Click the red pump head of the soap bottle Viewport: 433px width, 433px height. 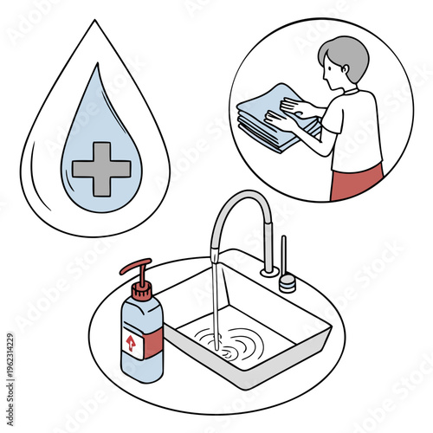[139, 268]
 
